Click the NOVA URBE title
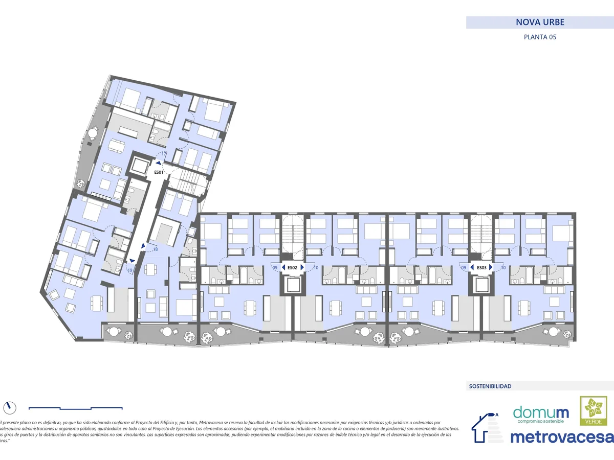click(x=540, y=22)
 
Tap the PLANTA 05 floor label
click(x=540, y=37)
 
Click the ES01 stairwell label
click(x=159, y=172)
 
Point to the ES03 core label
click(x=481, y=267)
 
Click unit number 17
click(x=164, y=154)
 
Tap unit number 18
click(x=155, y=249)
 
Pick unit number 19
click(x=130, y=270)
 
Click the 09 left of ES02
click(x=275, y=267)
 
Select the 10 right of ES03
click(x=503, y=267)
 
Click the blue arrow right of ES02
click(x=302, y=267)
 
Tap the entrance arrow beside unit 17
click(x=159, y=164)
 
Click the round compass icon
click(x=9, y=407)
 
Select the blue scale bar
click(x=75, y=408)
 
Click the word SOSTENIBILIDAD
click(x=490, y=386)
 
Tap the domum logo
click(x=540, y=413)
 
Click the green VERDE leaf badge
click(x=590, y=411)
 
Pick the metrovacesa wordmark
click(x=561, y=437)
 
